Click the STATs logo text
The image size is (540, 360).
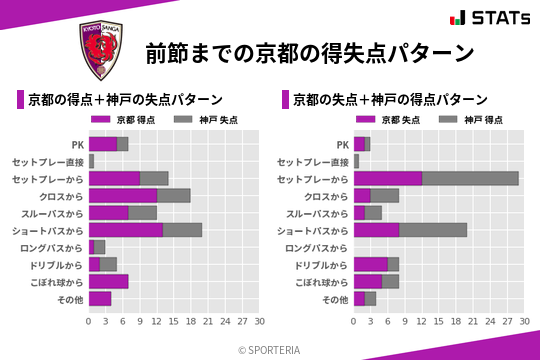point(494,17)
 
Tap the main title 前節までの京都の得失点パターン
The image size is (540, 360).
point(308,52)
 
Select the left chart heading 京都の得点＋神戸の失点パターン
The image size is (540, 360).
point(125,100)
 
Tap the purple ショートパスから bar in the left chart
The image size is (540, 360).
point(126,230)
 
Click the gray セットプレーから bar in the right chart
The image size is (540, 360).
point(470,178)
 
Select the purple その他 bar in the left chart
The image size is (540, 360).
point(100,298)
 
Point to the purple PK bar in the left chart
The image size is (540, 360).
point(103,144)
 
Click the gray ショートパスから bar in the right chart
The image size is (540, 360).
point(433,230)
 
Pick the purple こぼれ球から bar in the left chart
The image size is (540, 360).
point(108,281)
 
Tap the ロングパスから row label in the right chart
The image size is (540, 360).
point(317,247)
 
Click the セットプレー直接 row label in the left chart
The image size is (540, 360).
point(48,161)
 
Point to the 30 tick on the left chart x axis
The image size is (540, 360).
point(258,322)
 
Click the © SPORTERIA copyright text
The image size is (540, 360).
point(270,349)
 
